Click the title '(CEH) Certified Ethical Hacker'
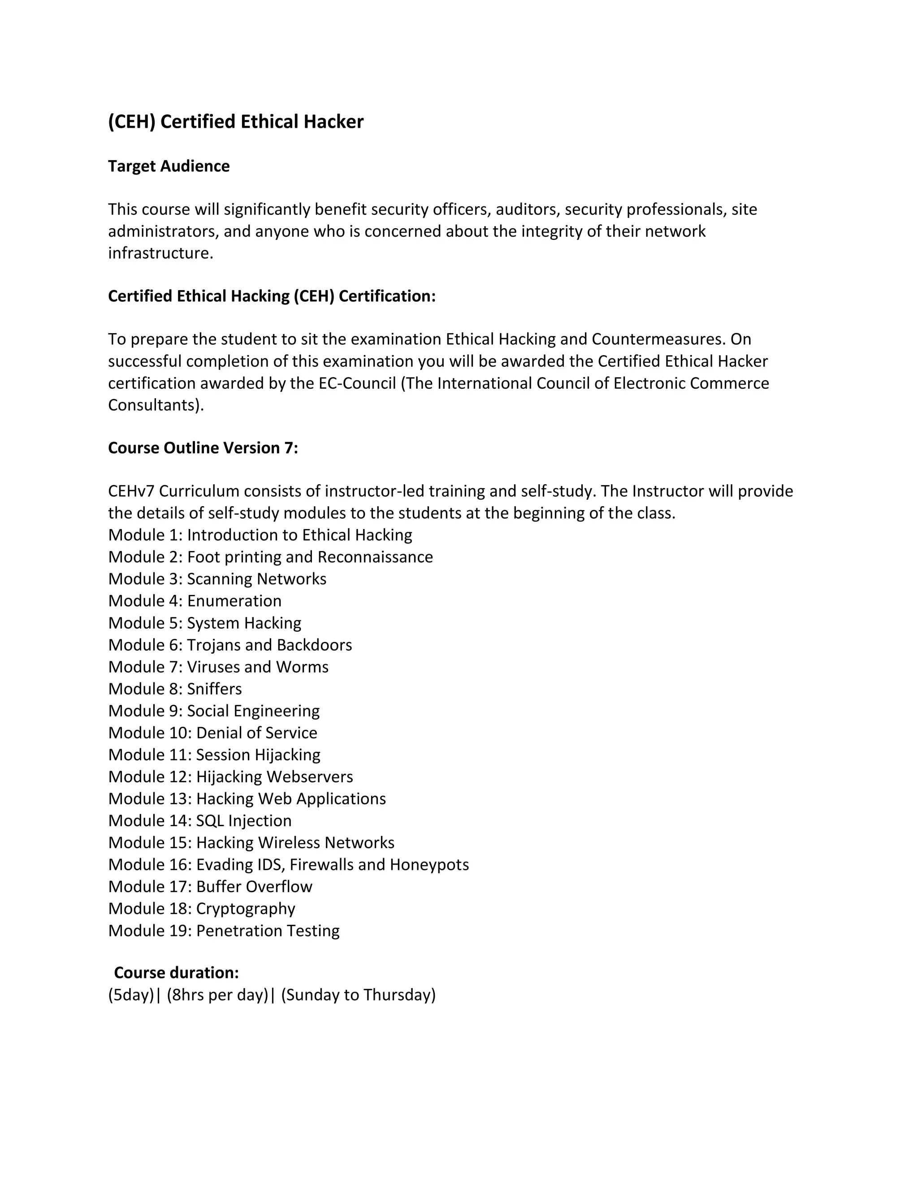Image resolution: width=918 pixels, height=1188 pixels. [235, 122]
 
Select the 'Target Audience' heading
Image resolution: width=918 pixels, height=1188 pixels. [169, 166]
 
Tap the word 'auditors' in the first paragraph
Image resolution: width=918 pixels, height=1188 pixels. [527, 209]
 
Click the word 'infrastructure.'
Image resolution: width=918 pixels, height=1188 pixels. [160, 253]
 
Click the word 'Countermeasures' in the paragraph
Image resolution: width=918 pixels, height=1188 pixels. [658, 339]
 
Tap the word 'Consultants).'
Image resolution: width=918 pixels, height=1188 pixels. [156, 405]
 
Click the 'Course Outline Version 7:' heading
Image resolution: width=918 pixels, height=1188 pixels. [203, 448]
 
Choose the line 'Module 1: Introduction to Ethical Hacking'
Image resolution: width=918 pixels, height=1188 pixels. [260, 535]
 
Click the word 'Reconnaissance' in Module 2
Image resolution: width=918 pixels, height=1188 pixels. [375, 557]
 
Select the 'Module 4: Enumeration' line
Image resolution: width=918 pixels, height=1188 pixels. [195, 601]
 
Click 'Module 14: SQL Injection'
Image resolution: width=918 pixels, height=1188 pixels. [199, 821]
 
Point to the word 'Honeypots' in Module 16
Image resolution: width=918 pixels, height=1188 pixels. [429, 865]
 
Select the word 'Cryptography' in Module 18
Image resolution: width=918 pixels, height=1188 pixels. [246, 909]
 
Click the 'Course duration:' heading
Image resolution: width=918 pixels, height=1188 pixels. [176, 973]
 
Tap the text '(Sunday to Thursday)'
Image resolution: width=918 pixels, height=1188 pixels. [359, 995]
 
